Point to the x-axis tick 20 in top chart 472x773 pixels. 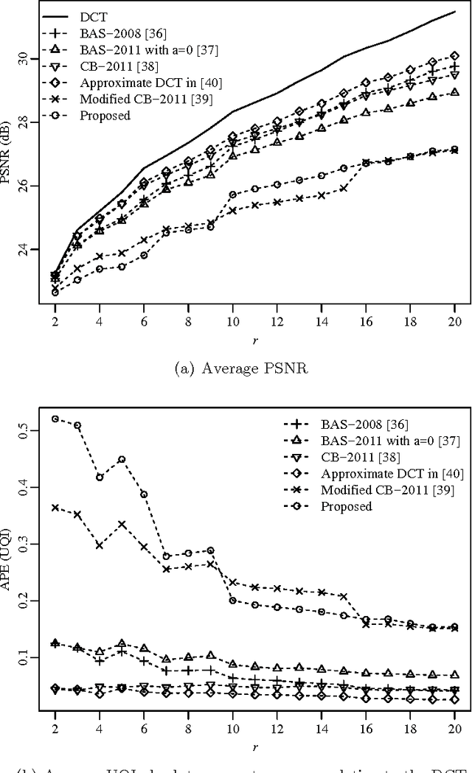point(454,322)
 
